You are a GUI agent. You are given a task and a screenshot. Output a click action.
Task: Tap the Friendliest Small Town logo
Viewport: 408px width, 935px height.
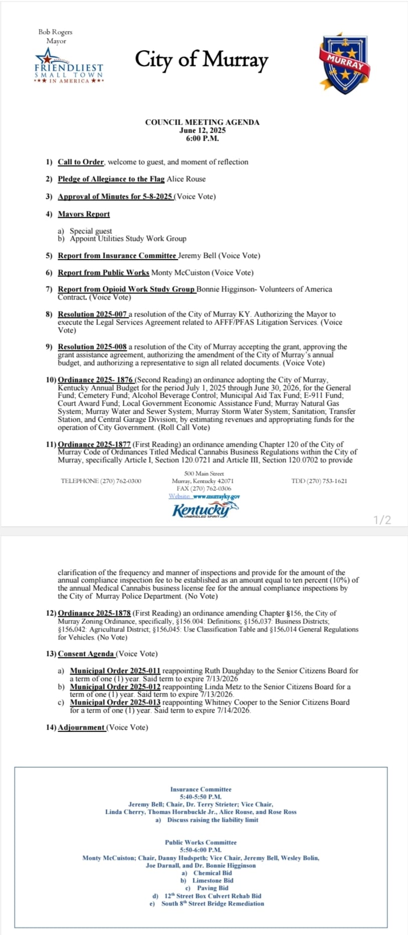(69, 67)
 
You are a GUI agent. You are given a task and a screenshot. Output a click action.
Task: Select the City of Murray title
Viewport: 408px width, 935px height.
(201, 60)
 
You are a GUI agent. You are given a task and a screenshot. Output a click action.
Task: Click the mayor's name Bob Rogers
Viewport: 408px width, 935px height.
(55, 32)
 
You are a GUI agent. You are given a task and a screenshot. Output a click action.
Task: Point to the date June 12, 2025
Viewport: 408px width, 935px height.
(202, 130)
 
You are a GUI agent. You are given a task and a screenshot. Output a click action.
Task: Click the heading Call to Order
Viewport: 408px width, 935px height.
(81, 162)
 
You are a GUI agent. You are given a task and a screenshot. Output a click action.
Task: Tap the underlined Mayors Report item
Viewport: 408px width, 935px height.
(84, 214)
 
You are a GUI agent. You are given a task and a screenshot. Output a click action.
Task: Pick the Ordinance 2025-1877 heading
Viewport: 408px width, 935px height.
(94, 444)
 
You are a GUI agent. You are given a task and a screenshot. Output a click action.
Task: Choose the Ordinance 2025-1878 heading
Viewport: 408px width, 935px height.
(94, 613)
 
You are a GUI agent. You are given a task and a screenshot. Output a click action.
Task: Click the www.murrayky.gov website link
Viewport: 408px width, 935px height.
(216, 496)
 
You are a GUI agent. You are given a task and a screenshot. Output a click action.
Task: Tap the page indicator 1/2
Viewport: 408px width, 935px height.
(382, 520)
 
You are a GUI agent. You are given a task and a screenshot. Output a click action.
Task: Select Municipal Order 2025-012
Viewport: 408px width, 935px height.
(115, 687)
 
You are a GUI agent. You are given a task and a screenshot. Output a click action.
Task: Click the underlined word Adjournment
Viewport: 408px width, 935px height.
(81, 727)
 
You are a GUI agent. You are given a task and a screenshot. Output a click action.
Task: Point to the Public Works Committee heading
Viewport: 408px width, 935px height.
(200, 842)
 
